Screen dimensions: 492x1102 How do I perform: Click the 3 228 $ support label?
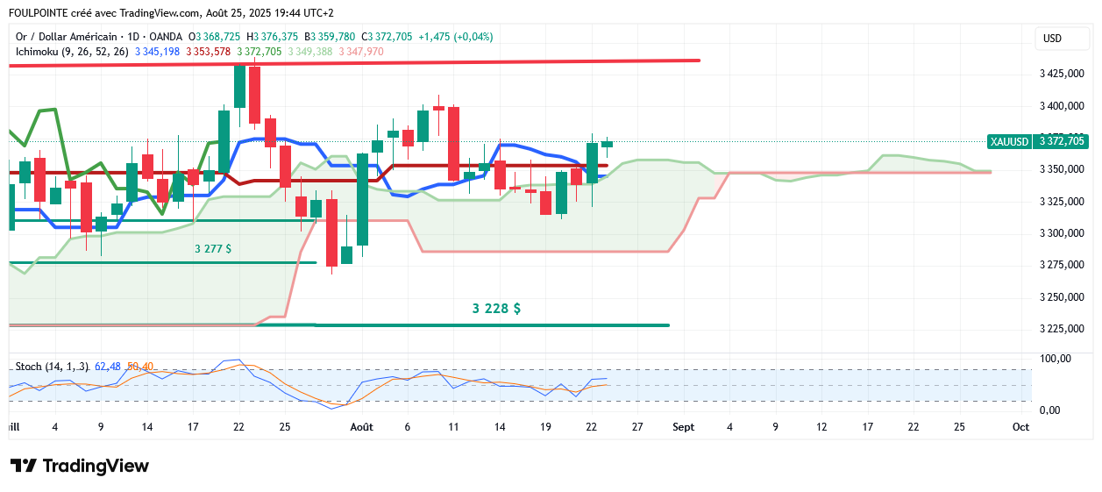click(x=496, y=309)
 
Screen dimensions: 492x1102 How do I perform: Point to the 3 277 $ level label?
click(x=213, y=249)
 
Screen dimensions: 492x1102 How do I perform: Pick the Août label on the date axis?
click(x=361, y=427)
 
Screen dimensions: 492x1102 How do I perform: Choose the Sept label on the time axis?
click(x=683, y=427)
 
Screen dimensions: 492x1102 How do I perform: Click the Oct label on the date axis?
click(x=1020, y=427)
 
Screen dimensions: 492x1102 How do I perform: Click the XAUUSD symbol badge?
click(x=1008, y=141)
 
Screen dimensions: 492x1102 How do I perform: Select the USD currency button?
click(x=1052, y=39)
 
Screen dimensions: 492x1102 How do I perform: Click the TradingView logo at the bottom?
click(x=80, y=466)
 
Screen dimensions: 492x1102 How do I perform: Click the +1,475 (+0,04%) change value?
click(x=455, y=37)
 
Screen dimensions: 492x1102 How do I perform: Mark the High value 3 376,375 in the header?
click(x=277, y=37)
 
